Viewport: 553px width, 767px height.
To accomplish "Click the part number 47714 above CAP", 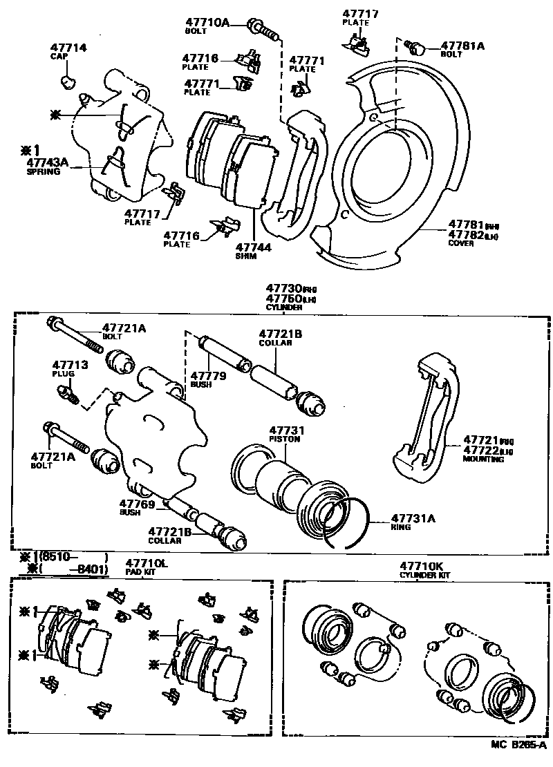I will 68,48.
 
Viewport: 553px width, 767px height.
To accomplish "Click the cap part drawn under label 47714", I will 67,84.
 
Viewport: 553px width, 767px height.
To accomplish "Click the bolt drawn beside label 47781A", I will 415,48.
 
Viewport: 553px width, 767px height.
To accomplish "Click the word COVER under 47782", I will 461,243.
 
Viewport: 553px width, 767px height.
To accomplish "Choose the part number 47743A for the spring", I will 48,163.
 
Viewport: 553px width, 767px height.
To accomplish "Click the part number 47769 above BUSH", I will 136,504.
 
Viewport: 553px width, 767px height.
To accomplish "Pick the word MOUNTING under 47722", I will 483,459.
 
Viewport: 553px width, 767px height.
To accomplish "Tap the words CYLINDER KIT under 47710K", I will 422,574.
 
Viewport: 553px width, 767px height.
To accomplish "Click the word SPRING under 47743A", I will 44,172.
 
